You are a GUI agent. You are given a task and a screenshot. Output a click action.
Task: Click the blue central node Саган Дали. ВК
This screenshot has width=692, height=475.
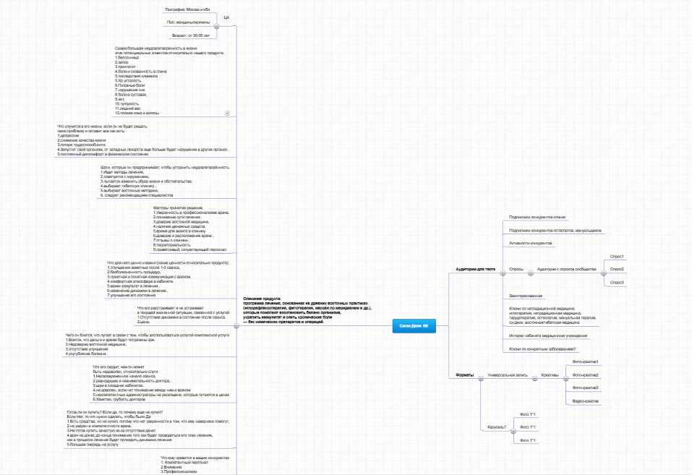pos(414,326)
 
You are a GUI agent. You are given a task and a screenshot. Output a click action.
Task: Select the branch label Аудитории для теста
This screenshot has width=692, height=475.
pos(475,269)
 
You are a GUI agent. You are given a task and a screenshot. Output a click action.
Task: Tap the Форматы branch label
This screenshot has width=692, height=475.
pos(465,375)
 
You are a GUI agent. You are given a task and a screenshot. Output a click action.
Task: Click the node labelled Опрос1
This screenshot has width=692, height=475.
pos(617,257)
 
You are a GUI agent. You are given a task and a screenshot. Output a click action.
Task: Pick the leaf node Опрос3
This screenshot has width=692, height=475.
pos(617,281)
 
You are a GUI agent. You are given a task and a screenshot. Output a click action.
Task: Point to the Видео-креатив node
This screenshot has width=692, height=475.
pos(585,401)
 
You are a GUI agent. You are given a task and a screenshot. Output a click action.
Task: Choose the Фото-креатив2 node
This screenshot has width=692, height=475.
pos(585,375)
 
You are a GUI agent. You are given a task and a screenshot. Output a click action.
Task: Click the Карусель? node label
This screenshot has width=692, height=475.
pos(496,427)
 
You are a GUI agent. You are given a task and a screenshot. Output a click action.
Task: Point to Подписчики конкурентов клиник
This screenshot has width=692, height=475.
pos(537,216)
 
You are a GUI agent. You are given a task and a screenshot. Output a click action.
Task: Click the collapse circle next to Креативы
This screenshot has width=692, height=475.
pos(565,376)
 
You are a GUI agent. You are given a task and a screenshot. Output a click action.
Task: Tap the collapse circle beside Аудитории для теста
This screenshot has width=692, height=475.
pos(499,270)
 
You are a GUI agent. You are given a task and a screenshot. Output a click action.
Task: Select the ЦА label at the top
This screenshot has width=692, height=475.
pos(226,16)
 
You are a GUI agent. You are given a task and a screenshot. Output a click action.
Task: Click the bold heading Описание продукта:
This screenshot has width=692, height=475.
pos(261,299)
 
